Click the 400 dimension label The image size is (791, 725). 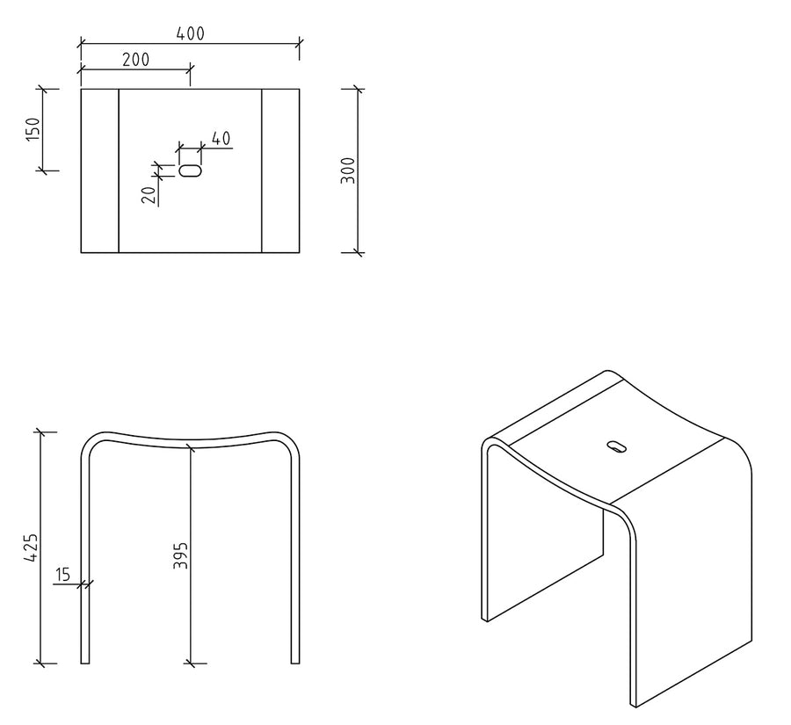(190, 33)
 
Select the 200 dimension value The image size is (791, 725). (135, 60)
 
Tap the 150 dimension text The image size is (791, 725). (33, 129)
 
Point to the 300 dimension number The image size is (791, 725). (348, 170)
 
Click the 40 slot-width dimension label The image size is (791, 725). (221, 138)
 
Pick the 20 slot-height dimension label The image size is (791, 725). (149, 195)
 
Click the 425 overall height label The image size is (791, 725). (31, 547)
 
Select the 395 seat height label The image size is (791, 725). (180, 555)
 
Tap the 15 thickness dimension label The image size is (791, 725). (62, 575)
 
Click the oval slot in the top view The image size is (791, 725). (191, 170)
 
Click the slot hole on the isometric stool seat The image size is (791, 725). (616, 446)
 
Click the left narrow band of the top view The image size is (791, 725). (100, 170)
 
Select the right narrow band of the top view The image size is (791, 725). (280, 170)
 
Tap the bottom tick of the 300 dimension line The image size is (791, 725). (359, 251)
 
